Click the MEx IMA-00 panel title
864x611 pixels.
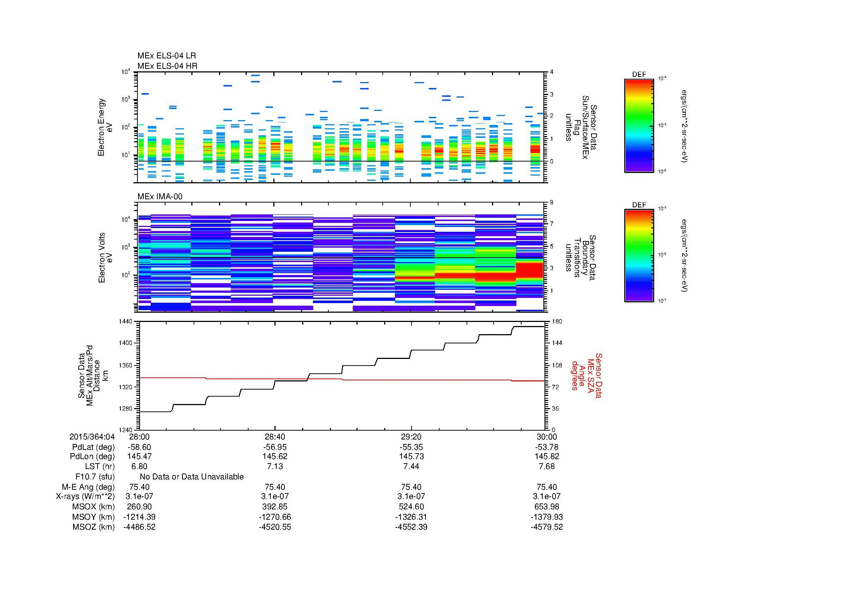[x=160, y=197]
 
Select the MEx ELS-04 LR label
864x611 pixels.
[x=166, y=56]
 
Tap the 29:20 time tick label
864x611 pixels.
[x=411, y=437]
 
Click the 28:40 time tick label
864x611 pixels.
[x=275, y=437]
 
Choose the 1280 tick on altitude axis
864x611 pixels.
[x=126, y=408]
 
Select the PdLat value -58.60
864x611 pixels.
[x=140, y=447]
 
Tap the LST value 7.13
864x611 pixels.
[x=275, y=466]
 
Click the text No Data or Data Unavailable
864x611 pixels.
[x=192, y=476]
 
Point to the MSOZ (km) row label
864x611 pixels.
[x=93, y=527]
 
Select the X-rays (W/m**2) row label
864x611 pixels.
[x=85, y=496]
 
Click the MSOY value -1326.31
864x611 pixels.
[x=411, y=517]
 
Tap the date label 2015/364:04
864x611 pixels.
[x=92, y=437]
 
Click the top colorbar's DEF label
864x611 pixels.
[x=639, y=75]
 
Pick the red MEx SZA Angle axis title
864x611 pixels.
[x=586, y=375]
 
